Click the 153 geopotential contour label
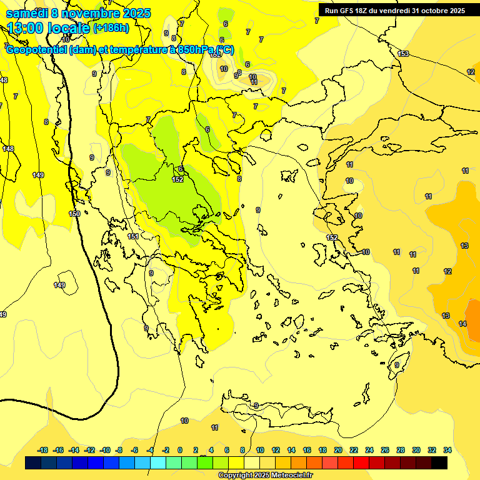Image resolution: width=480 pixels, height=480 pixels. tap(403, 54)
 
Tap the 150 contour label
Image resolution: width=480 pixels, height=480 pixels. tap(74, 214)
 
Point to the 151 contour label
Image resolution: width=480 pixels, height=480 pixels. tap(133, 236)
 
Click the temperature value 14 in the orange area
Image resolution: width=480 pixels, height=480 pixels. tap(462, 324)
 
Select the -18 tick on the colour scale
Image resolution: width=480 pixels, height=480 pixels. tap(43, 450)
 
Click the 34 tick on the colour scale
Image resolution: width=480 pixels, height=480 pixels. tap(447, 450)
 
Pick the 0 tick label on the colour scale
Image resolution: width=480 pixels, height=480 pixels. tap(180, 450)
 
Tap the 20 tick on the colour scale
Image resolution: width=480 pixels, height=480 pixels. tap(338, 450)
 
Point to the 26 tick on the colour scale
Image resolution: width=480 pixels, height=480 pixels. tap(385, 450)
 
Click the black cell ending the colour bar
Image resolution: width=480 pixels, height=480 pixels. tap(439, 463)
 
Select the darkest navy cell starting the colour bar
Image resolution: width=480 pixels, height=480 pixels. tap(34, 463)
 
